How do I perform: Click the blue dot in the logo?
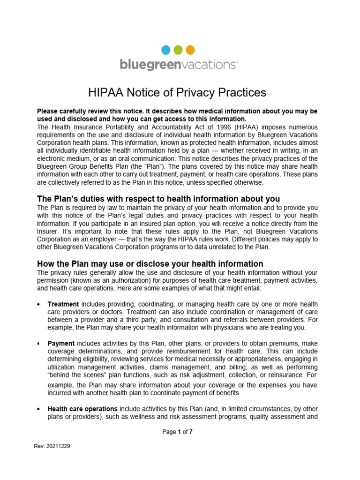tap(166, 50)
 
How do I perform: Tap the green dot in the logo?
tap(178, 50)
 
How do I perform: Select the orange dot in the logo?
tap(190, 50)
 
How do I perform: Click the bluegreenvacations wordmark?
tap(179, 64)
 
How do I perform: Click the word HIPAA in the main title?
tap(105, 92)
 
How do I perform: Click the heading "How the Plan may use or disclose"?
tap(150, 263)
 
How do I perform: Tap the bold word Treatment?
tap(63, 304)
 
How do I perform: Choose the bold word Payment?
tap(61, 344)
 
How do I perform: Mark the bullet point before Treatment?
tap(39, 305)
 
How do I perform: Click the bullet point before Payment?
tap(39, 344)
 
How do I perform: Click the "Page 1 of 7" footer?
tap(177, 432)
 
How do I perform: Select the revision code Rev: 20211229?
tap(52, 447)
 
